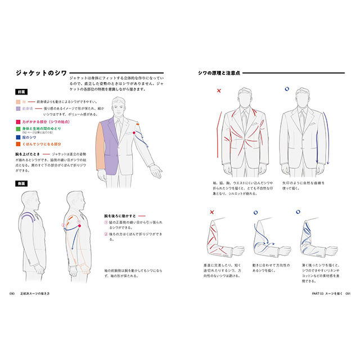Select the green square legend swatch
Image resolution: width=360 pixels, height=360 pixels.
coord(19,129)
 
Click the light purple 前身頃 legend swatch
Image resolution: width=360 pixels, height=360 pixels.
coord(19,109)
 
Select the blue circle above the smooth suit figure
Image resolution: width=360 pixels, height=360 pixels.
coord(287,89)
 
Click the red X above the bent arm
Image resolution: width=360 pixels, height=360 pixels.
coord(212,213)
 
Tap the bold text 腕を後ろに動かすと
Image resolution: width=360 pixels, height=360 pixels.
coord(120,215)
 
